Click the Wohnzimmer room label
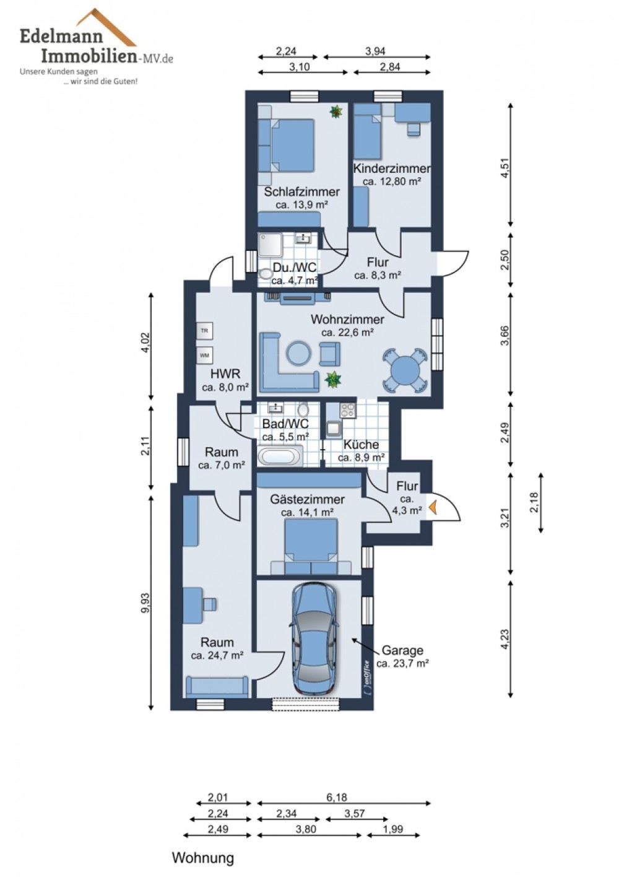pyautogui.click(x=347, y=320)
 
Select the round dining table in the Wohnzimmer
pyautogui.click(x=405, y=370)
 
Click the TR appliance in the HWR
pyautogui.click(x=204, y=331)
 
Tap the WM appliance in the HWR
pyautogui.click(x=204, y=356)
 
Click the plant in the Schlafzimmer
pyautogui.click(x=335, y=111)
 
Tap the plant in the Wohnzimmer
pyautogui.click(x=333, y=379)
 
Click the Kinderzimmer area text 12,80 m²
pyautogui.click(x=391, y=181)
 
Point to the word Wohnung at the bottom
pyautogui.click(x=203, y=855)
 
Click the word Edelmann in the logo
pyautogui.click(x=61, y=37)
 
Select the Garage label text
pyautogui.click(x=402, y=650)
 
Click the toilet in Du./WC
pyautogui.click(x=266, y=274)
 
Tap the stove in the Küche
pyautogui.click(x=348, y=410)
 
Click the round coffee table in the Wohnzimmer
pyautogui.click(x=299, y=353)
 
